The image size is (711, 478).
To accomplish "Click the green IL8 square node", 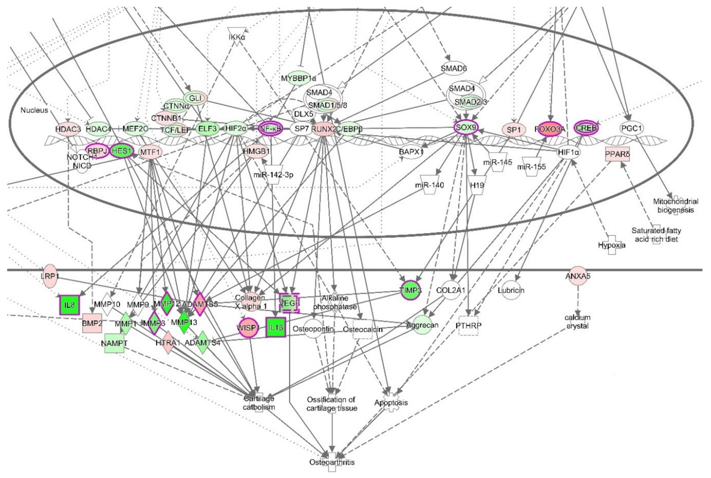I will pyautogui.click(x=69, y=305).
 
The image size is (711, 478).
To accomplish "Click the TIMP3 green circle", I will pyautogui.click(x=411, y=290).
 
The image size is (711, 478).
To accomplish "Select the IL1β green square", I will pyautogui.click(x=276, y=327).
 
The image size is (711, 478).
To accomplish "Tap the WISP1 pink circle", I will pyautogui.click(x=248, y=328).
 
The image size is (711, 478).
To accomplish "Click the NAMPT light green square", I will pyautogui.click(x=114, y=343).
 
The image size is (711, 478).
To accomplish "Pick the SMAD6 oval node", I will pyautogui.click(x=454, y=69).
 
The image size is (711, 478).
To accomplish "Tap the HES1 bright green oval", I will pyautogui.click(x=122, y=151).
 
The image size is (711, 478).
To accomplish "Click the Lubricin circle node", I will pyautogui.click(x=511, y=290).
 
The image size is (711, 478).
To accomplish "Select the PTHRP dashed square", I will pyautogui.click(x=469, y=326).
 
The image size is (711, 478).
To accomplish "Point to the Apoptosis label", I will pyautogui.click(x=391, y=403).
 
